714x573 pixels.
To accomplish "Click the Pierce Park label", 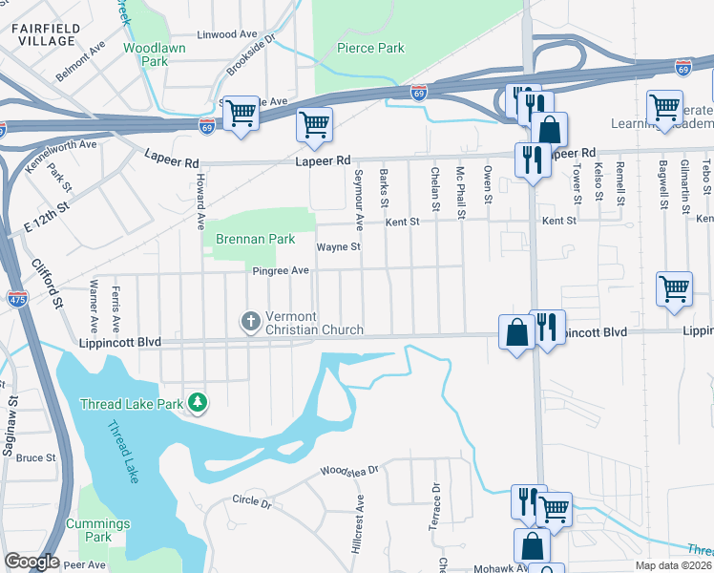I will click(x=371, y=48).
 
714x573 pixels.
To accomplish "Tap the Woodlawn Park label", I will click(x=146, y=53).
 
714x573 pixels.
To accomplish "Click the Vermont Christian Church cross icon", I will click(x=250, y=321).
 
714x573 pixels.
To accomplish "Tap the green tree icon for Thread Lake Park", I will click(x=198, y=403).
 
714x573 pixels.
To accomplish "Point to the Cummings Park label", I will click(x=97, y=530).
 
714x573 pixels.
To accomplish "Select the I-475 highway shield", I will click(x=17, y=299).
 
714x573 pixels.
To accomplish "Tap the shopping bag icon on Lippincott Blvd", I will click(x=516, y=333).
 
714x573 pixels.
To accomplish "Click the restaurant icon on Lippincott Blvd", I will click(x=547, y=327).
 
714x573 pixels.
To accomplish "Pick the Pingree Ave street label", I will click(x=281, y=271).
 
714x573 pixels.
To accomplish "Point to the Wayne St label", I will click(x=339, y=246).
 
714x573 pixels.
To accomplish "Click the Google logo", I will click(x=31, y=562).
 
